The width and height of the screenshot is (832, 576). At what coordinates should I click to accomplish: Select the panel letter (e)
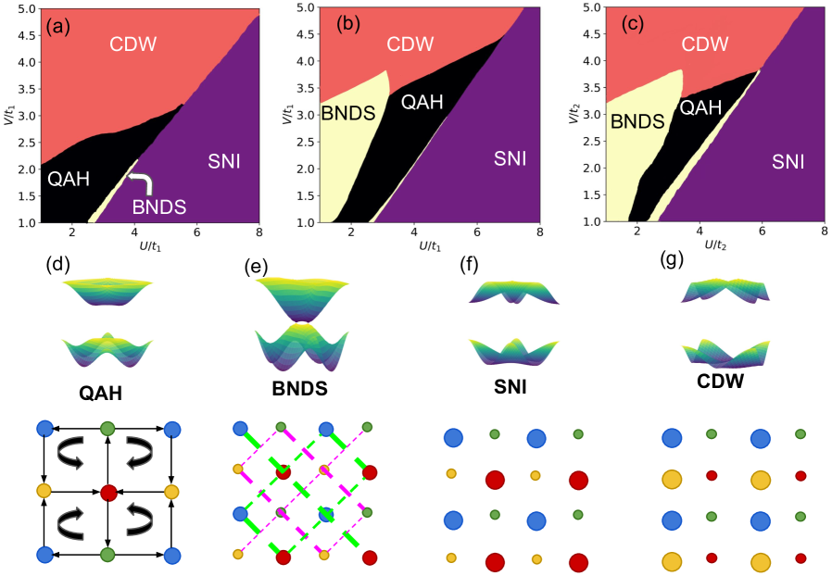pyautogui.click(x=255, y=269)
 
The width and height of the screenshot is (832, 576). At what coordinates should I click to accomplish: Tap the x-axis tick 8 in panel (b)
pyautogui.click(x=540, y=233)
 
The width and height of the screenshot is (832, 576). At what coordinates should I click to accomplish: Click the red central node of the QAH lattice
pyautogui.click(x=108, y=491)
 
